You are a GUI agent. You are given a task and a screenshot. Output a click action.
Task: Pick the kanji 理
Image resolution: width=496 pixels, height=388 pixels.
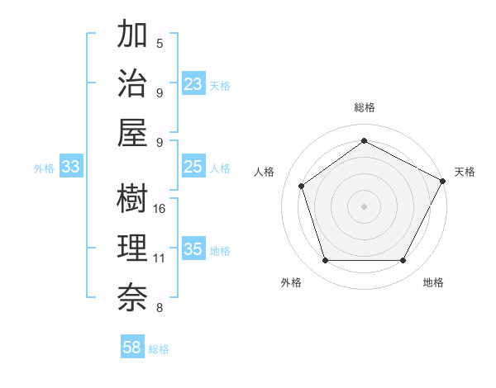(132, 248)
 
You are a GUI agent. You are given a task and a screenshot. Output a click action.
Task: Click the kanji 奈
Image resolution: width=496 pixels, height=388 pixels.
(132, 296)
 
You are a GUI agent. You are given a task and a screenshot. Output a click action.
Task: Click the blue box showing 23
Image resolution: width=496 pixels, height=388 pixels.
(193, 84)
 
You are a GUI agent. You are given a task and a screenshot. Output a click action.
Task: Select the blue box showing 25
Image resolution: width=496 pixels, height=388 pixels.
(193, 167)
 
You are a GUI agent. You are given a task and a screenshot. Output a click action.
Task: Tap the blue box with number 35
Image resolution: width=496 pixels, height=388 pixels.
(193, 249)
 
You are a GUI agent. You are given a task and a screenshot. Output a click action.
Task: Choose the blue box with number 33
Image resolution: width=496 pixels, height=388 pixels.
(70, 167)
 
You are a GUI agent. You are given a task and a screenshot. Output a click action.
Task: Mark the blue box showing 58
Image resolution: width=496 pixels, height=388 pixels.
(132, 348)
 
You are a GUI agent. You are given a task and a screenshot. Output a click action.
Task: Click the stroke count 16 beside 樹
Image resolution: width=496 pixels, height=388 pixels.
(160, 208)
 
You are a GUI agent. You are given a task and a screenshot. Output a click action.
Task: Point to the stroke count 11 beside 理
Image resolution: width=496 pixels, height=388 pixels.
(160, 258)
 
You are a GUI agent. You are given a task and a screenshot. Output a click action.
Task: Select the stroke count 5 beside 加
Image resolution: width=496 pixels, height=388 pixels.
(160, 43)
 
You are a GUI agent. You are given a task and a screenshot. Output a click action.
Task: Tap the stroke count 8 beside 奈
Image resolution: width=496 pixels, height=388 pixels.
(160, 308)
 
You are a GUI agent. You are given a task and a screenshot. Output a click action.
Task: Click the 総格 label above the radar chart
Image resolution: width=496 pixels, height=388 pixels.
(365, 107)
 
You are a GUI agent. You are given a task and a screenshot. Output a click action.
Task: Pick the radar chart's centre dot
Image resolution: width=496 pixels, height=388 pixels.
(364, 206)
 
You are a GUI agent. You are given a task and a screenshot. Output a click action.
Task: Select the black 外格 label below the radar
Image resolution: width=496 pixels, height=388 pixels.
(291, 282)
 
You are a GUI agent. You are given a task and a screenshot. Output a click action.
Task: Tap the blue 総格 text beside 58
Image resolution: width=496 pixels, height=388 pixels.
(159, 349)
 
